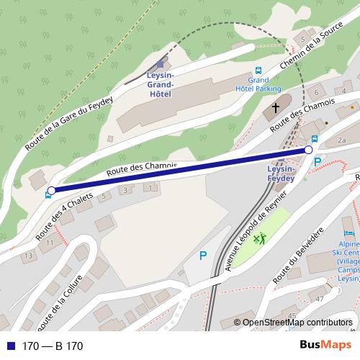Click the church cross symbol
point(274,108)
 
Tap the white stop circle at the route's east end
point(309,149)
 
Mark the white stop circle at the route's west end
point(50,191)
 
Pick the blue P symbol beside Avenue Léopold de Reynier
point(202,256)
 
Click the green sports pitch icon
point(259,238)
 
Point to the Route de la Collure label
point(64,301)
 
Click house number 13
point(28,256)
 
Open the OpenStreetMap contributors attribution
point(297,323)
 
